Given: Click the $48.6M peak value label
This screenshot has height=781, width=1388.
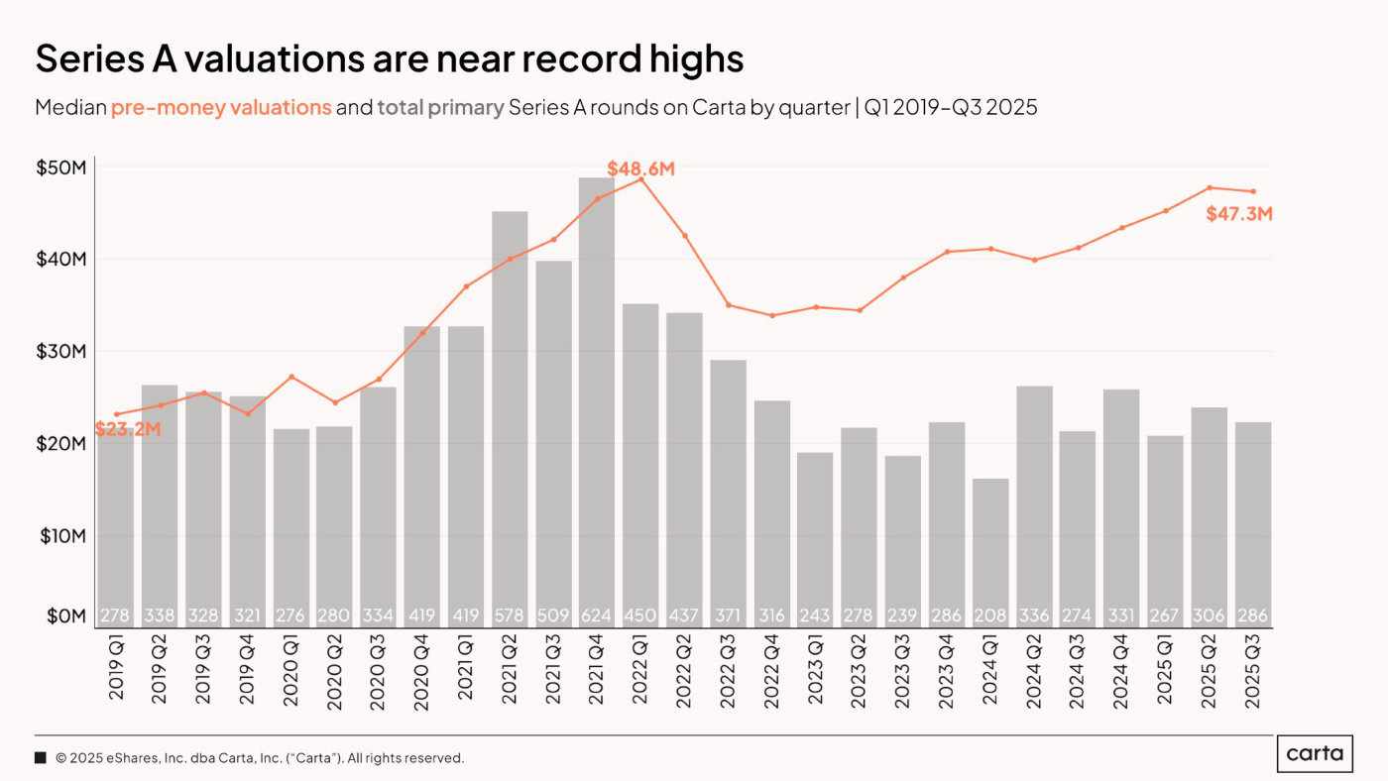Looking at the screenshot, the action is click(640, 168).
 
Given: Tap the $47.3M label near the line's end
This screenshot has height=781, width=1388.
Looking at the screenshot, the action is click(1239, 214).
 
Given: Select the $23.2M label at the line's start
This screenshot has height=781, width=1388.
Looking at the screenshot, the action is click(128, 428).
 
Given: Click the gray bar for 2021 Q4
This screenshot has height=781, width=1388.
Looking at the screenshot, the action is click(597, 402).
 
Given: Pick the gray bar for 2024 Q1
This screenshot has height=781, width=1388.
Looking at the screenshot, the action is click(990, 553).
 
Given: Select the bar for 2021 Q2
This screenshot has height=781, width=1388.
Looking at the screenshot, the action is click(510, 420).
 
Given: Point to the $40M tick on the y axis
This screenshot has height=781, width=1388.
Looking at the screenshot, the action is click(61, 259).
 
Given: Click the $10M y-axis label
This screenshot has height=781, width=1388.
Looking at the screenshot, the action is click(63, 536).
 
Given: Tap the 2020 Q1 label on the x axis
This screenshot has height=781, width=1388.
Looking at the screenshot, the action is click(290, 673).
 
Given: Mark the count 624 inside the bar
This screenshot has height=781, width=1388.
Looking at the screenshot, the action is click(597, 615).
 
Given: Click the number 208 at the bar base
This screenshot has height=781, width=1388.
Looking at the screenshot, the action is click(990, 615).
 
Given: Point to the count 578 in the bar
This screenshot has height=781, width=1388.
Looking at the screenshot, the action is click(510, 615).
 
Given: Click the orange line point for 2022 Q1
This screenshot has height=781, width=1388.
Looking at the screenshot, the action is click(641, 179).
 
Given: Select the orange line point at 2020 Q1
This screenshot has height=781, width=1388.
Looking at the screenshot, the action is click(291, 377).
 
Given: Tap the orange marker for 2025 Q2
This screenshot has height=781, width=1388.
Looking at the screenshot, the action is click(1210, 187).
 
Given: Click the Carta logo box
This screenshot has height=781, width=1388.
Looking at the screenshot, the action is click(1315, 754).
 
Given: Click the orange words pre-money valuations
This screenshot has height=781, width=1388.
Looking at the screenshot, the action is click(221, 107).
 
